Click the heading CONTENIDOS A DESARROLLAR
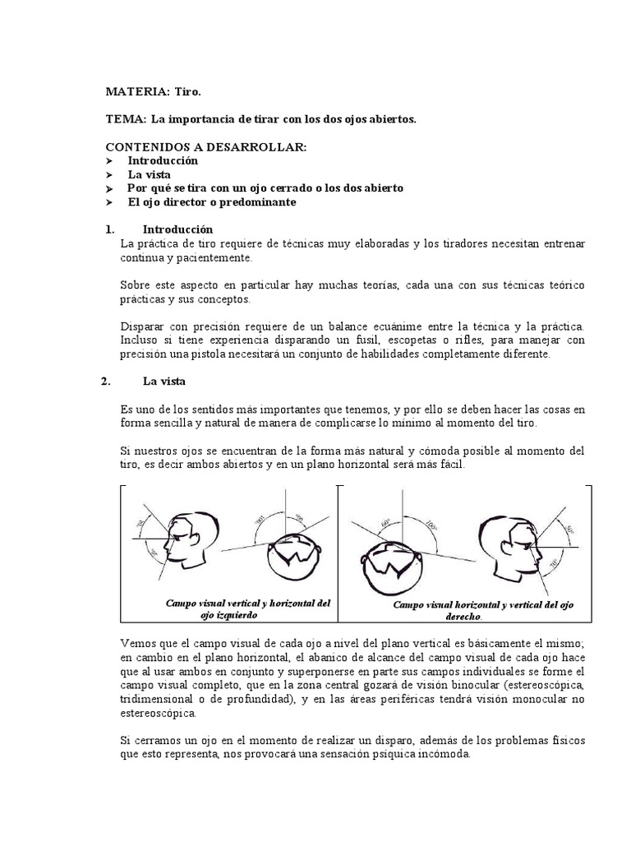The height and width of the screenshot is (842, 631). pos(206,146)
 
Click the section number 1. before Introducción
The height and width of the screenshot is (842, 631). pos(109,229)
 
